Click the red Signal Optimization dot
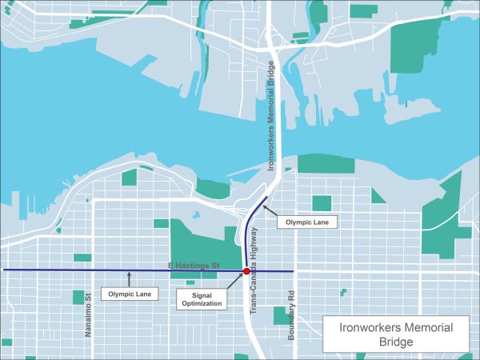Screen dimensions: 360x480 coord(246,271)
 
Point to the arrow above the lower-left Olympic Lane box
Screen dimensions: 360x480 coord(129,278)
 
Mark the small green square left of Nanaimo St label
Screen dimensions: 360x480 coord(78,298)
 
